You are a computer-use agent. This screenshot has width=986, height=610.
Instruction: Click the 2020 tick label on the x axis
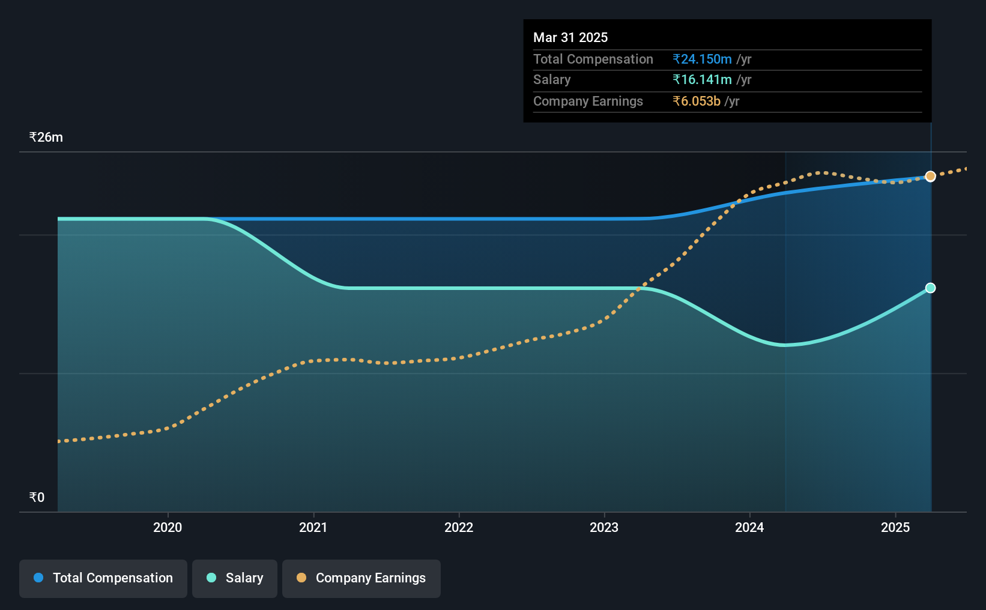[x=168, y=527]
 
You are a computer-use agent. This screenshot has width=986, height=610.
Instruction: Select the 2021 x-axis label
[x=313, y=527]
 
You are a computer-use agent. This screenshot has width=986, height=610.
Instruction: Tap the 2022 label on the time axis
[x=459, y=527]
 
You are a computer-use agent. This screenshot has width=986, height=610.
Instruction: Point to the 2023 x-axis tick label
[x=604, y=527]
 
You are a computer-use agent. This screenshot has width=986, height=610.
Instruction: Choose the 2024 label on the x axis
[x=749, y=527]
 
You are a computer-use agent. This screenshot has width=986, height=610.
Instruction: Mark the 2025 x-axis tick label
[x=895, y=527]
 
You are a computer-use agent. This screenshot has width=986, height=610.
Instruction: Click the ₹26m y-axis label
[x=46, y=137]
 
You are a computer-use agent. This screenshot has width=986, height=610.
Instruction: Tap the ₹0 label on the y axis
[x=37, y=497]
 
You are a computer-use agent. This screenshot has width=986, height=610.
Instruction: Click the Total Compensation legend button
[x=103, y=578]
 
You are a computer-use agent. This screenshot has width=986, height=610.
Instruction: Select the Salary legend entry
[x=235, y=578]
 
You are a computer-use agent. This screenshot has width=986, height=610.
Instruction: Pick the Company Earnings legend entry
[x=361, y=578]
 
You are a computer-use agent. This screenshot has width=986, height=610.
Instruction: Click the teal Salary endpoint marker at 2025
[x=930, y=288]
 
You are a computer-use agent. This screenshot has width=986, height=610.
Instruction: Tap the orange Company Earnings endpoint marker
[x=930, y=177]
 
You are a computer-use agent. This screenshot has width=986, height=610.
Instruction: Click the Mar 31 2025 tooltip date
[x=570, y=37]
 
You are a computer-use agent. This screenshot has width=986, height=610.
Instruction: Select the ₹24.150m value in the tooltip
[x=702, y=59]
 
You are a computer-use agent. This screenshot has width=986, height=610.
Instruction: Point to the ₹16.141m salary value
[x=702, y=80]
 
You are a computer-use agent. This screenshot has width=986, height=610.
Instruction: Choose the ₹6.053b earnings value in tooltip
[x=697, y=101]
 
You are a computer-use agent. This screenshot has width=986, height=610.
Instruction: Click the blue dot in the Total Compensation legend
[x=38, y=578]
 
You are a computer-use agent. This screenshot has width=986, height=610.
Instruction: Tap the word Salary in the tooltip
[x=552, y=80]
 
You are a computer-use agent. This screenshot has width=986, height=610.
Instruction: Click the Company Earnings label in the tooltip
[x=588, y=101]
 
